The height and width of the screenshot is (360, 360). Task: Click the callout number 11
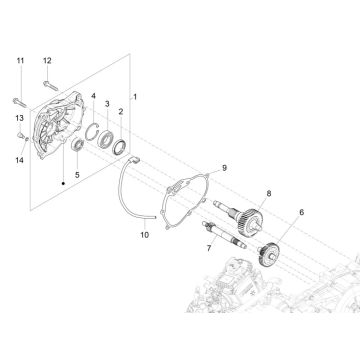coord(18,62)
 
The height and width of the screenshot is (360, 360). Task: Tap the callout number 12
coord(46,62)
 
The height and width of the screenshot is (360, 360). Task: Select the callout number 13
coord(18,118)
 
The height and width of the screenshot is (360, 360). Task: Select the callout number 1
coord(137,96)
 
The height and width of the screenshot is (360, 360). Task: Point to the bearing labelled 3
coord(108,133)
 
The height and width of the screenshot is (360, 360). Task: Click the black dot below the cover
coord(61,183)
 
